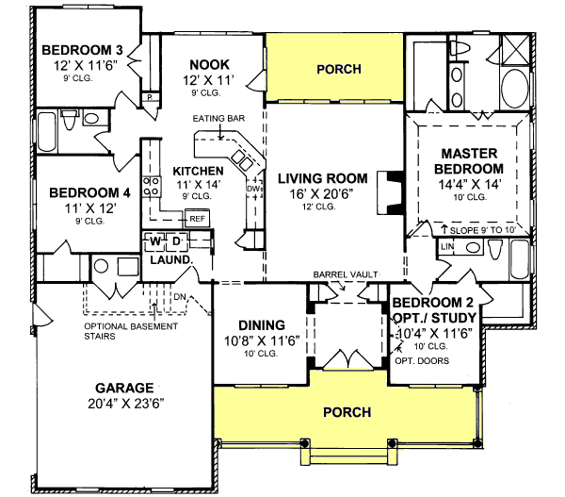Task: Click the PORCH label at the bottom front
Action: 347,412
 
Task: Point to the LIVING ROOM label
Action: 321,177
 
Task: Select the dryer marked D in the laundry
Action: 176,242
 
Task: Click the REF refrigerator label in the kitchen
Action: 198,218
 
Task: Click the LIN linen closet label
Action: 446,246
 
